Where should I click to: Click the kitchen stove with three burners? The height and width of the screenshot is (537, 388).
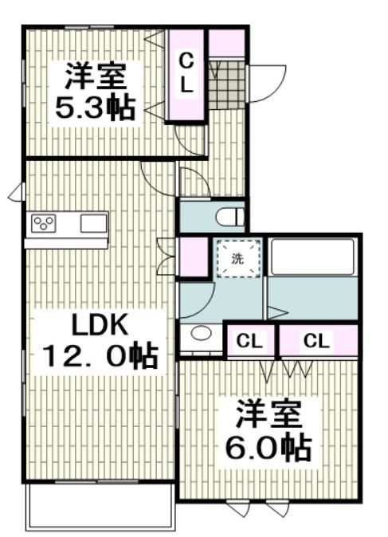tap(43, 222)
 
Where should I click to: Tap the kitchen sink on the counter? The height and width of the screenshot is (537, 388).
tap(93, 222)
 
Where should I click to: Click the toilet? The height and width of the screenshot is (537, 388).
tap(230, 216)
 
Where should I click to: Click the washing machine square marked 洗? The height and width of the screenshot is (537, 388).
tap(237, 258)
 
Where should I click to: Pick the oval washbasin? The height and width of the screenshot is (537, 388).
tap(201, 335)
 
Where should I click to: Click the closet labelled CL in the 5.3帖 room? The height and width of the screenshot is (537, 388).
tap(186, 74)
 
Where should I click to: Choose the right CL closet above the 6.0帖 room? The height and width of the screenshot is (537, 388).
tap(316, 342)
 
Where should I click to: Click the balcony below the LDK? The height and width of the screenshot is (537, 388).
tap(100, 507)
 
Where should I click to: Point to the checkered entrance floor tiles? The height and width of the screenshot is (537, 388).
tap(228, 80)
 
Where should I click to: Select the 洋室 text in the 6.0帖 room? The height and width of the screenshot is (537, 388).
tap(268, 417)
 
